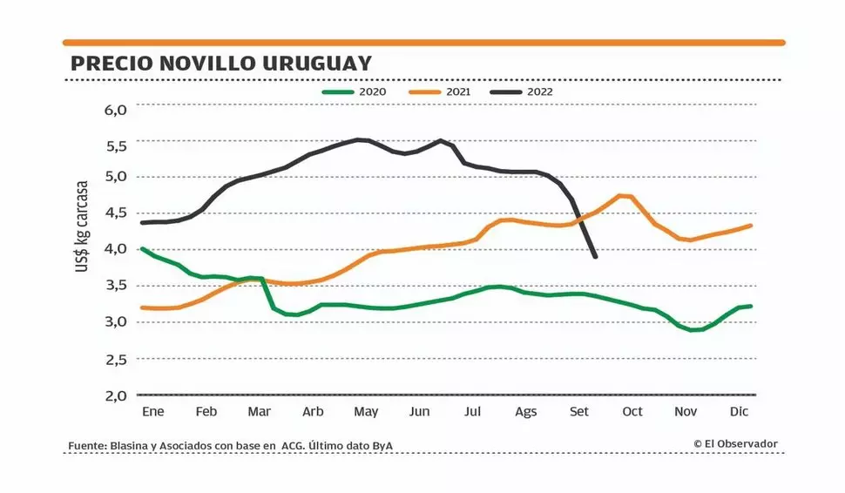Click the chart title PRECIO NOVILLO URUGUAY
[x=220, y=64]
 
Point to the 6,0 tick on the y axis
[x=116, y=110]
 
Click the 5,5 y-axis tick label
[x=116, y=145]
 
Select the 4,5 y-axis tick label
[x=116, y=213]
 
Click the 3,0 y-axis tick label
[x=116, y=322]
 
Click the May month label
[x=366, y=412]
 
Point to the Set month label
[x=579, y=412]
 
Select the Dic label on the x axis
[x=740, y=412]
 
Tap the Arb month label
[x=313, y=412]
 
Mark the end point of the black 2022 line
[x=595, y=256]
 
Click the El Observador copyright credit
[x=735, y=444]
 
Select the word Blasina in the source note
[x=128, y=446]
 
